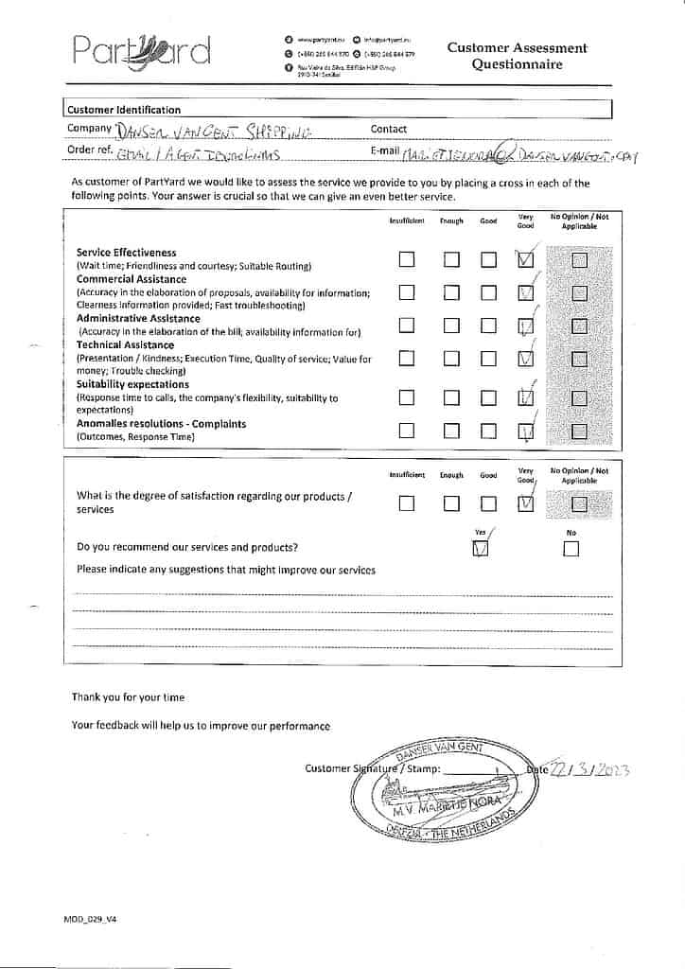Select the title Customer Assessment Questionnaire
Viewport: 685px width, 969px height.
point(517,56)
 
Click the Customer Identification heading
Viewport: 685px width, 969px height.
point(123,110)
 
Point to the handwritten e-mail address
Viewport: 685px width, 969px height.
point(518,154)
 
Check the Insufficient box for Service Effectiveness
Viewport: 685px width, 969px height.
point(407,259)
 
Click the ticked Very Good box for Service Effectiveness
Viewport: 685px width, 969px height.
point(526,259)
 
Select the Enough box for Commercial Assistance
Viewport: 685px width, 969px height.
point(452,292)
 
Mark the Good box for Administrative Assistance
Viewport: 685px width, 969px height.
point(488,326)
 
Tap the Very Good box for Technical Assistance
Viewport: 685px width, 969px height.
point(526,359)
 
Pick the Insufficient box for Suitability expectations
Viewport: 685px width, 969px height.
point(407,397)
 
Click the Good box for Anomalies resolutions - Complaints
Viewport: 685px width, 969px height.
point(488,432)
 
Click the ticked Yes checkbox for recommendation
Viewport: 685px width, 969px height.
point(481,549)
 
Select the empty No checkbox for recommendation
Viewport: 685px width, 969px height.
point(571,549)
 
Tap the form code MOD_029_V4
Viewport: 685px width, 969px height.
point(90,919)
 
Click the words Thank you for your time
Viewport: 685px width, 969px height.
point(128,697)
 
